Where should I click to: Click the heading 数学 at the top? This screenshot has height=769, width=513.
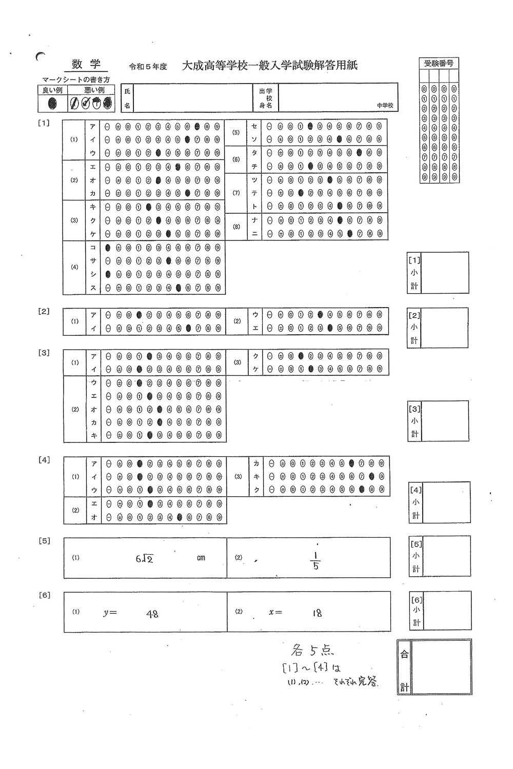coord(86,64)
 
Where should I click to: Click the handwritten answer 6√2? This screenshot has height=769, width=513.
coord(144,558)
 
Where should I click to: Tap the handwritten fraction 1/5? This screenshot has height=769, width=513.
coord(315,561)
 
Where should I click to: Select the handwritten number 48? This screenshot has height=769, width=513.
coord(152,613)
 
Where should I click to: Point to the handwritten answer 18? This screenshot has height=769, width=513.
coord(317,613)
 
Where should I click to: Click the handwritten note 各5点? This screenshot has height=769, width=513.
coord(312,651)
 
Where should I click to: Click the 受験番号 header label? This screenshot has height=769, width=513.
coord(439,64)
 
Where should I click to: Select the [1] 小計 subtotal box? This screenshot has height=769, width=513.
coord(444,272)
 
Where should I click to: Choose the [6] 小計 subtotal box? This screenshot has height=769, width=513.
coord(447,610)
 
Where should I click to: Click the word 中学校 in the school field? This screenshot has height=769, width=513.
coord(385,105)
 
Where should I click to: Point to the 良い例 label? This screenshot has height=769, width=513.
coord(52,90)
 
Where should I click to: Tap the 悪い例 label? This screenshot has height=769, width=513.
coord(94,90)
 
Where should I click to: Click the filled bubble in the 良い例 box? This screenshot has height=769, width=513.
coord(52,104)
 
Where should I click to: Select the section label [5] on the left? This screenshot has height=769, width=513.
coord(45,541)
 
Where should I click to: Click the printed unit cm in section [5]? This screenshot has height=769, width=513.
coord(201,558)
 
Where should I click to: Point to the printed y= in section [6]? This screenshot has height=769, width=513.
coord(110,613)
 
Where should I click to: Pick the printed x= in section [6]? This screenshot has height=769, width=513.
coord(275,612)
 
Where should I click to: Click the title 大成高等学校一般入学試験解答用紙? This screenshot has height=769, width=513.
coord(270,66)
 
